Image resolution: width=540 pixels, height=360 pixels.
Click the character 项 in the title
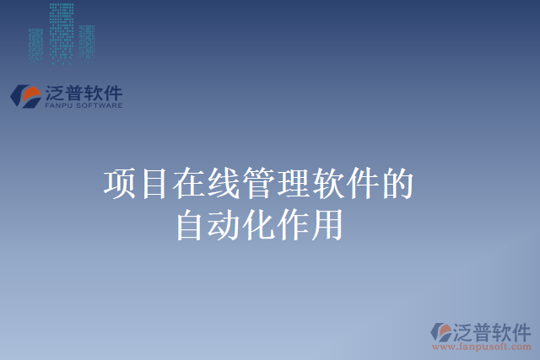[121, 185]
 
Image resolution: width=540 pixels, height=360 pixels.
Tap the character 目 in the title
[155, 185]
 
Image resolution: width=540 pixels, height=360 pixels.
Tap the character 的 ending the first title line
[397, 185]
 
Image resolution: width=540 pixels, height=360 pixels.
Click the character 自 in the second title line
[191, 225]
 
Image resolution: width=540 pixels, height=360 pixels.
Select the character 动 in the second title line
[225, 225]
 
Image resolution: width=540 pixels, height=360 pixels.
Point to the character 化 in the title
[259, 225]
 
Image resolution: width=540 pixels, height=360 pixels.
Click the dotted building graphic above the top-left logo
[61, 34]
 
